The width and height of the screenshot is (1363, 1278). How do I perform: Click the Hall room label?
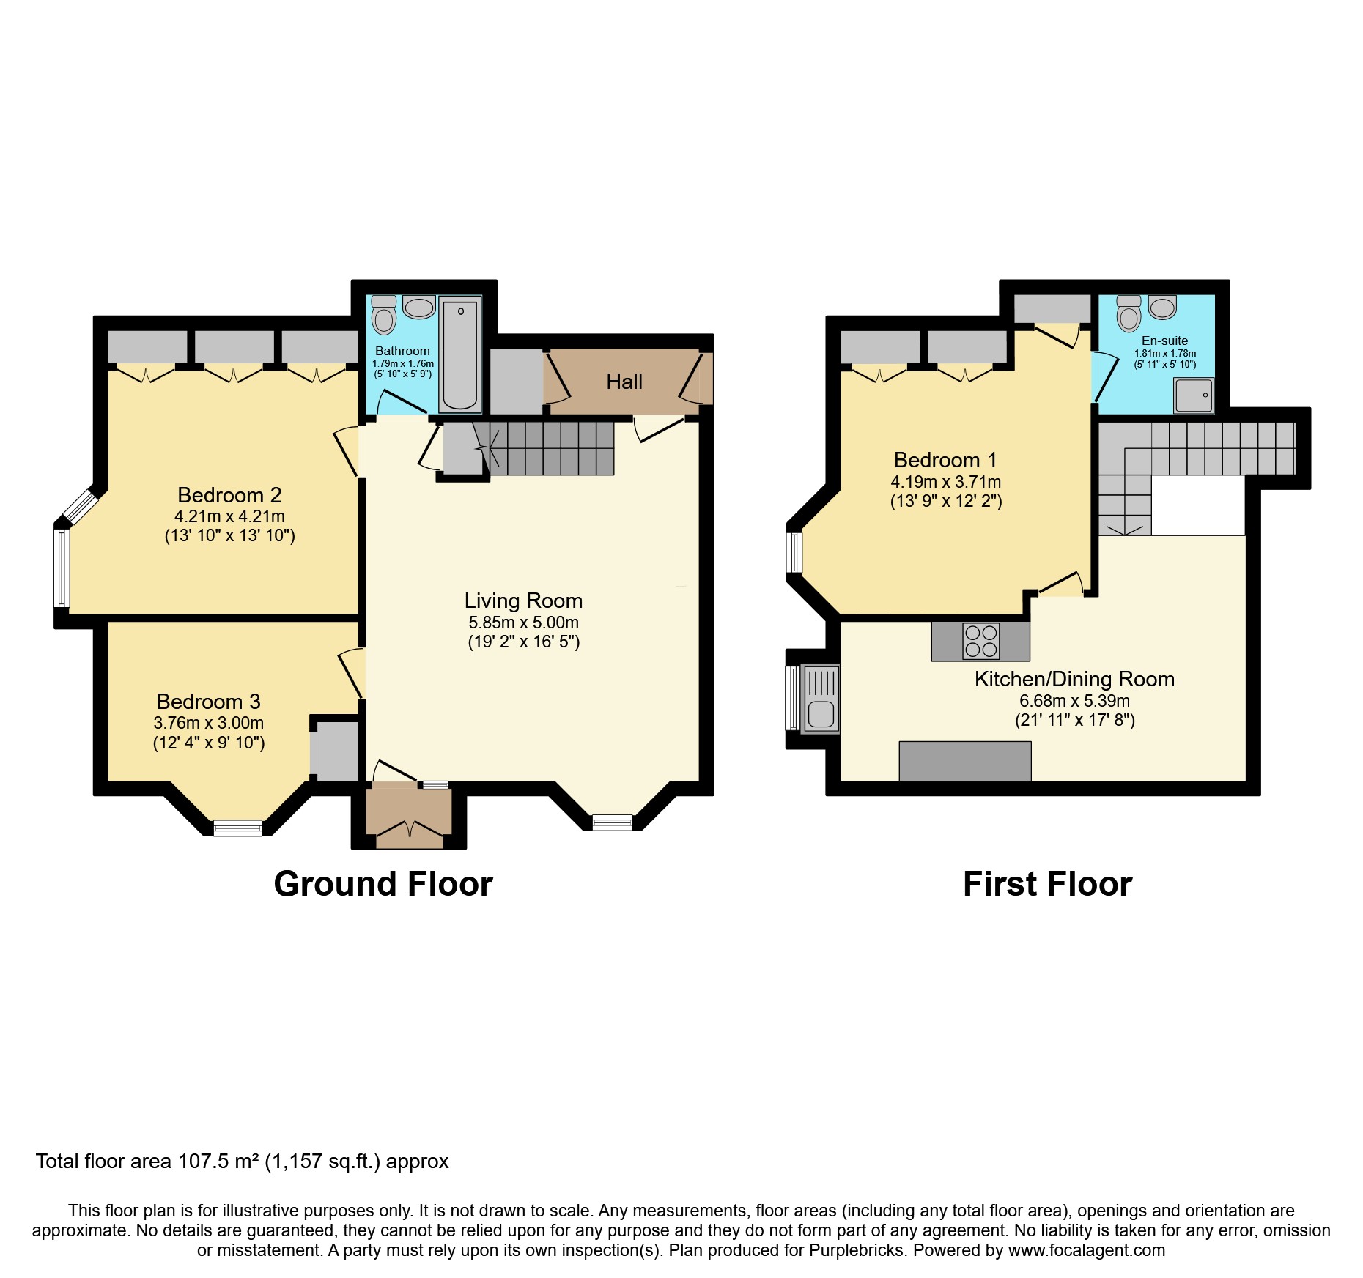click(x=624, y=382)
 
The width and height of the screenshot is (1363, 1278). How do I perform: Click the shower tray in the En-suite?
click(x=1194, y=395)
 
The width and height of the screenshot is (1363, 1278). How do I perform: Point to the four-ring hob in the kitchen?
click(x=980, y=641)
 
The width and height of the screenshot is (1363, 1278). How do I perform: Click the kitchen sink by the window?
click(x=821, y=698)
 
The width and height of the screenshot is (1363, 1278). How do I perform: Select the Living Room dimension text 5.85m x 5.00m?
click(x=523, y=623)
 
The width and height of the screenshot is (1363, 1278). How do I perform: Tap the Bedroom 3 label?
click(x=208, y=702)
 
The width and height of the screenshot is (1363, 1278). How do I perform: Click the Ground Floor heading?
click(x=383, y=884)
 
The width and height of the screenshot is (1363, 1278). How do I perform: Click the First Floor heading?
click(x=1047, y=884)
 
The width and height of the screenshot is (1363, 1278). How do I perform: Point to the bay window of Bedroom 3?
click(x=237, y=828)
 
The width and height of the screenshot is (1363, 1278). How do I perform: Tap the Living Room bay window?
click(x=612, y=822)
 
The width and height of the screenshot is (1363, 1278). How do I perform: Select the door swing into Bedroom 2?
click(x=347, y=450)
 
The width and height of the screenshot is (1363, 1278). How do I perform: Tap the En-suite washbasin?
click(x=1162, y=307)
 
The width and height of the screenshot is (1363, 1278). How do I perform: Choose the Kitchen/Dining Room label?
click(x=1074, y=679)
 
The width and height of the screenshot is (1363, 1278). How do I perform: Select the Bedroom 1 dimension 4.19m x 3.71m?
click(x=945, y=482)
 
